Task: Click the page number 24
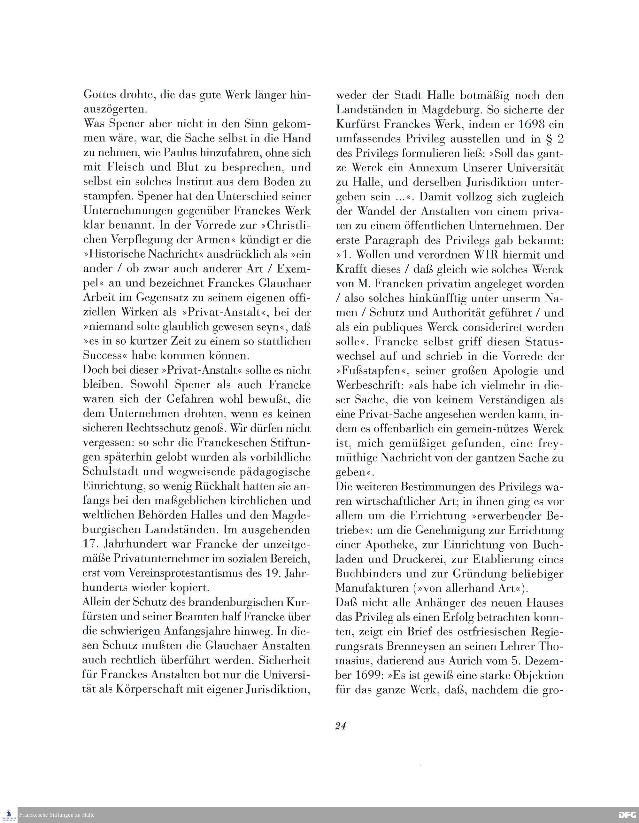pos(340,726)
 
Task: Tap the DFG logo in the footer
pos(627,815)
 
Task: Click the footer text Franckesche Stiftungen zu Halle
pos(57,815)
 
